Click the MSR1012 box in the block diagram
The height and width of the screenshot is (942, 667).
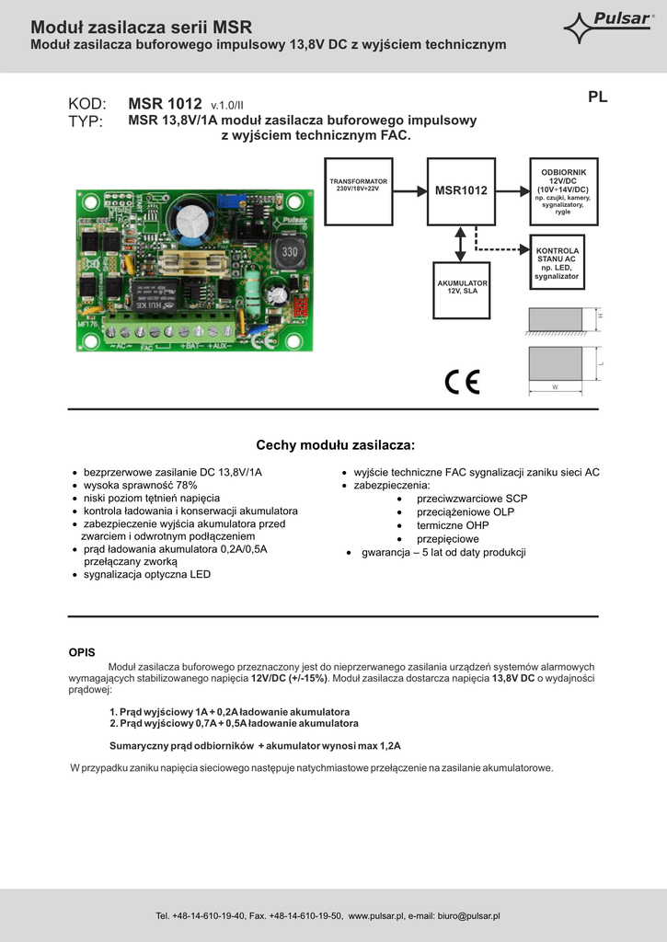point(460,190)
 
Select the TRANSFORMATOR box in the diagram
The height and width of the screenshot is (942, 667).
point(359,191)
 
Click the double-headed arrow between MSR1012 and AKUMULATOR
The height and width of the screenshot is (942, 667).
point(460,243)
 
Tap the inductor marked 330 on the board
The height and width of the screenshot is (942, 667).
point(290,250)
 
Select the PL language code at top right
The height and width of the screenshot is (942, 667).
point(597,97)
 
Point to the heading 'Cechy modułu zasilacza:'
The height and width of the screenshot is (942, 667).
point(335,445)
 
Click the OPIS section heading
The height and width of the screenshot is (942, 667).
point(82,652)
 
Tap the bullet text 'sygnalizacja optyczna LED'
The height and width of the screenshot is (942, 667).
point(147,574)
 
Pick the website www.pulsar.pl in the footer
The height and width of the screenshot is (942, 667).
point(378,916)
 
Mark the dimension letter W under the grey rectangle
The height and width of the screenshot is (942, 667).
point(555,387)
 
